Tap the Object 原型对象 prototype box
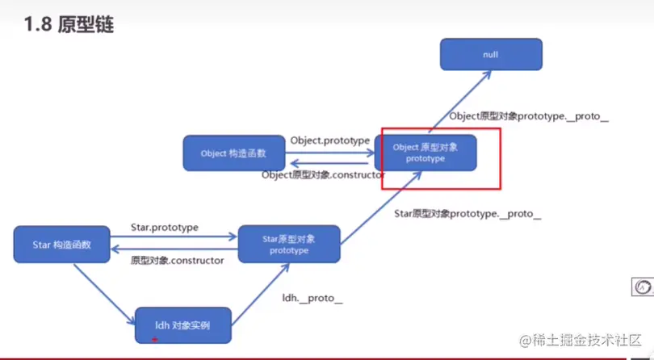pyautogui.click(x=425, y=153)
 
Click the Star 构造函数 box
pyautogui.click(x=61, y=245)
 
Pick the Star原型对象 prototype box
pyautogui.click(x=288, y=245)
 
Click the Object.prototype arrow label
pyautogui.click(x=329, y=140)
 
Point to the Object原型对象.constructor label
pyautogui.click(x=323, y=174)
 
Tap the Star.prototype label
pyautogui.click(x=165, y=228)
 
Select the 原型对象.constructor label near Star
pyautogui.click(x=177, y=260)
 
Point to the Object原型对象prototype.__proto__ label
pyautogui.click(x=528, y=116)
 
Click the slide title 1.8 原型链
pyautogui.click(x=69, y=25)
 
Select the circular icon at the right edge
pyautogui.click(x=642, y=287)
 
